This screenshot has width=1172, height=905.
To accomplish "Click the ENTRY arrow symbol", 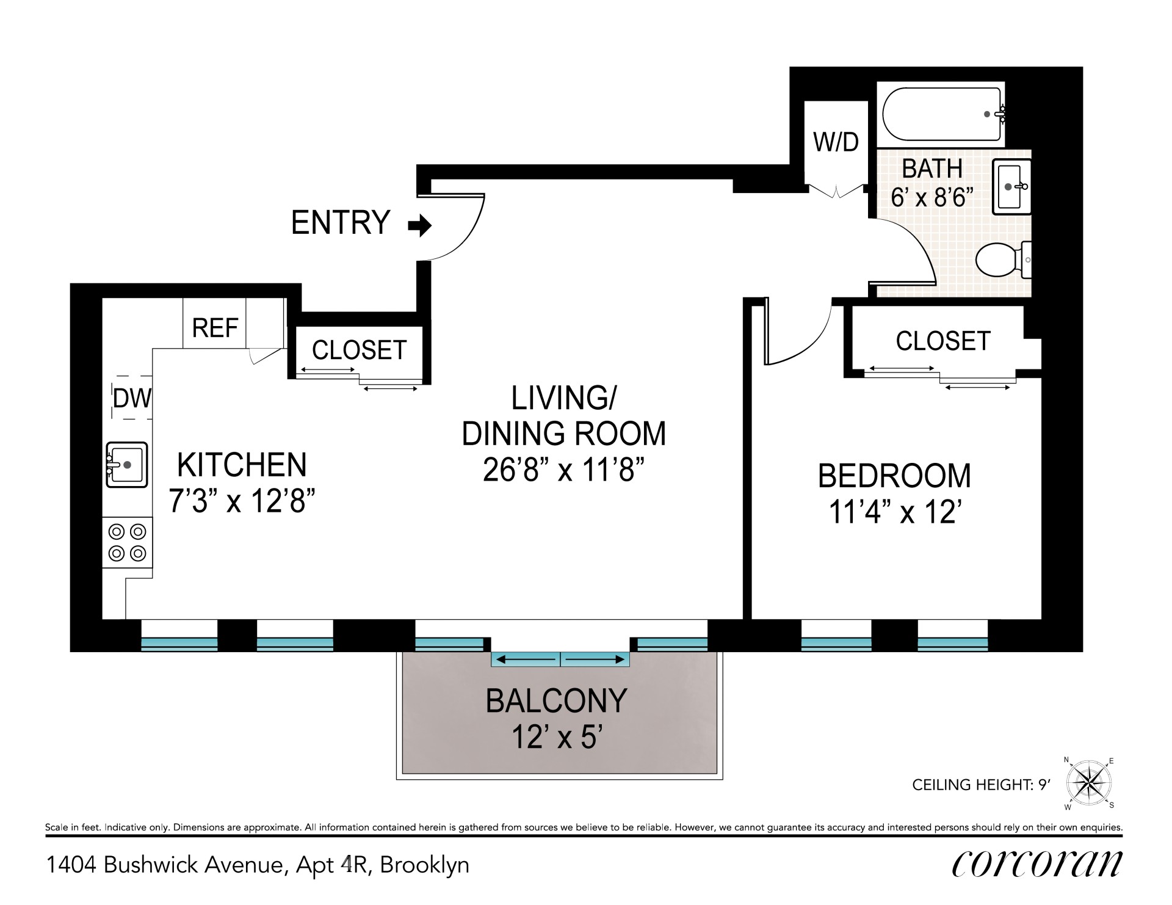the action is click(x=420, y=226).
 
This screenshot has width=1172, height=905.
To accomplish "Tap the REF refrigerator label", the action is click(x=215, y=328).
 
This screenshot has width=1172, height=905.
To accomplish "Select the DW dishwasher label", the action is click(x=132, y=398).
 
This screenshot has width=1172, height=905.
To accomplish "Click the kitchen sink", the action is click(x=127, y=465).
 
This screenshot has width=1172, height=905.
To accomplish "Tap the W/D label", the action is click(x=836, y=142).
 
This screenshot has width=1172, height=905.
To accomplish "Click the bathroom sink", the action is click(x=1011, y=187).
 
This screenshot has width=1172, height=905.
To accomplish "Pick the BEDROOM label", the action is click(x=894, y=476).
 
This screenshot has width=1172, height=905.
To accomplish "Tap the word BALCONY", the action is click(x=556, y=700).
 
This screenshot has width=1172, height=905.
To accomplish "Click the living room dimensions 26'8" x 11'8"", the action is click(x=564, y=470).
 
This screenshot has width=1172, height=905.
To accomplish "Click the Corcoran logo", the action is click(x=1036, y=863).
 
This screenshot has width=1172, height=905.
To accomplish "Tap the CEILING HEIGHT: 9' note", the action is click(x=981, y=785).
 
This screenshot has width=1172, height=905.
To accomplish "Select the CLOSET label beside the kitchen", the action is click(x=359, y=350).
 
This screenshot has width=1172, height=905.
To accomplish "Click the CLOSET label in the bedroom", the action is click(x=942, y=341).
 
